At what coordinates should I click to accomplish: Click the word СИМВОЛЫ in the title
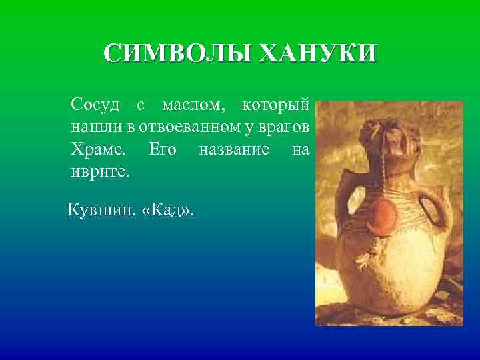tap(177, 53)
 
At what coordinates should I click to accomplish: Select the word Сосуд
tap(95, 105)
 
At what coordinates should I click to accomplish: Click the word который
tap(275, 105)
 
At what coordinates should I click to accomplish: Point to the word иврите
tap(100, 171)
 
